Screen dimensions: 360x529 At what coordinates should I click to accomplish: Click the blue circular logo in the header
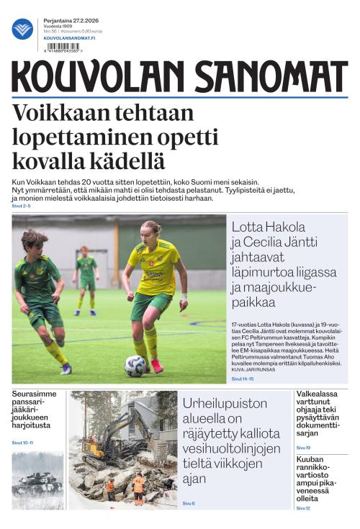(22, 29)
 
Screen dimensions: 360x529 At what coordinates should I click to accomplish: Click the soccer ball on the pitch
(135, 366)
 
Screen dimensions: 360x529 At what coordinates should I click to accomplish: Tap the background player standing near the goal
(87, 273)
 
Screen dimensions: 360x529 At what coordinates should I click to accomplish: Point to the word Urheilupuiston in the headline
(224, 404)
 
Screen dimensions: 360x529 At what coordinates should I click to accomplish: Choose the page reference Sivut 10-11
(23, 443)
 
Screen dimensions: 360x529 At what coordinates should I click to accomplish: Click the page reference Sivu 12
(303, 508)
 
